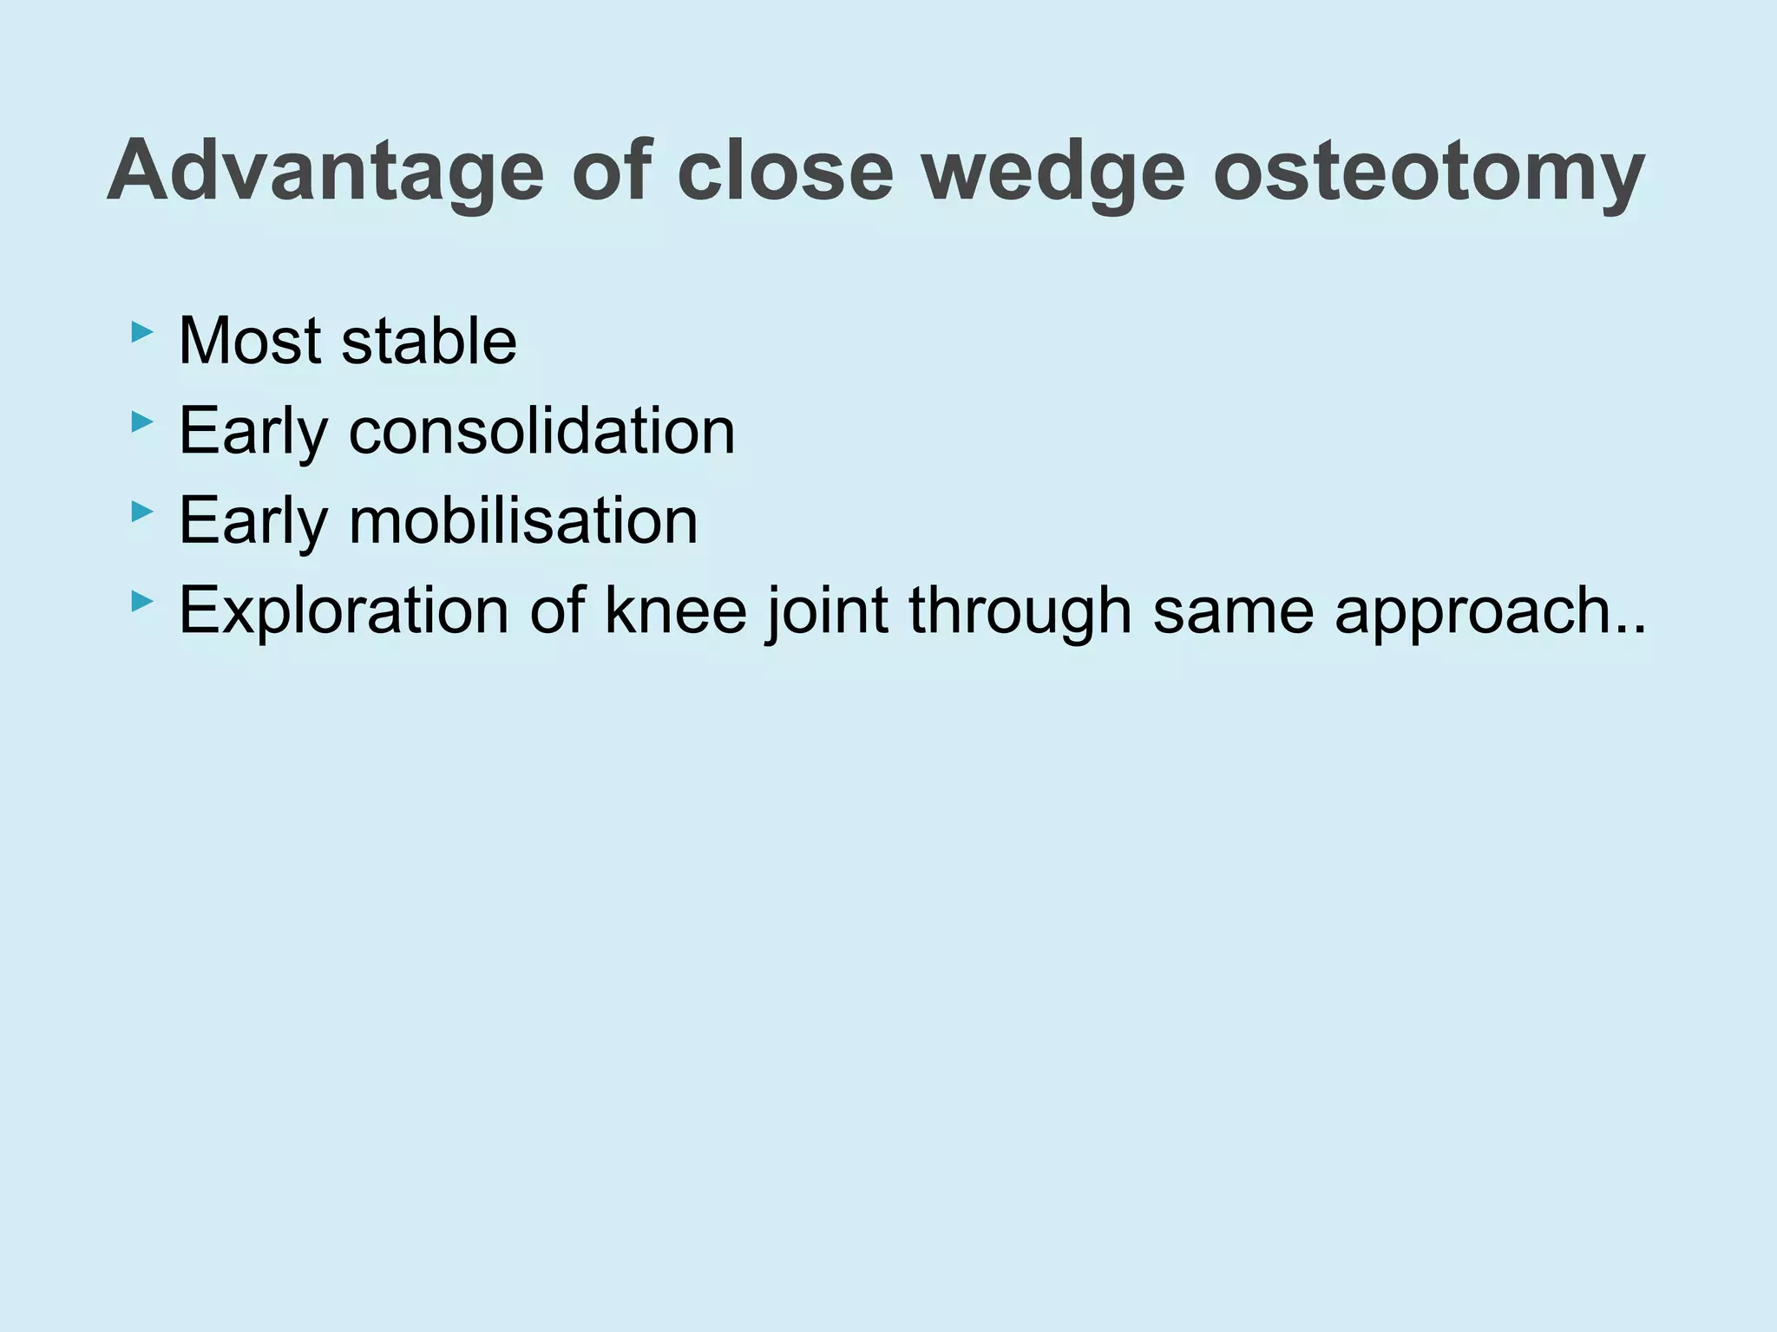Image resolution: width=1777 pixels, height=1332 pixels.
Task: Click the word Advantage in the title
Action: pyautogui.click(x=325, y=172)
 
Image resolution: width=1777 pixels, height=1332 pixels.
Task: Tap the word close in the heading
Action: pyautogui.click(x=784, y=172)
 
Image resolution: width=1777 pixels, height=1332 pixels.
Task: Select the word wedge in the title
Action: pyautogui.click(x=1052, y=172)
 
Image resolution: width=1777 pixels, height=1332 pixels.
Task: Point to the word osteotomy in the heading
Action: pyautogui.click(x=1427, y=172)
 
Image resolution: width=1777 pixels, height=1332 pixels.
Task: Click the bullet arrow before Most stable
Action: pyautogui.click(x=141, y=332)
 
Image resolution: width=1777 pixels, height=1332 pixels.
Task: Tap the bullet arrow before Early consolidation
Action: pyautogui.click(x=141, y=422)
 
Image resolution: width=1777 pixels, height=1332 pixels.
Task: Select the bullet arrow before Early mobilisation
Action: pyautogui.click(x=141, y=512)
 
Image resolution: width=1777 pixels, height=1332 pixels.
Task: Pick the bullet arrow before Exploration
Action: pyautogui.click(x=141, y=601)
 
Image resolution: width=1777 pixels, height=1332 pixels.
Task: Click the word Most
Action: pyautogui.click(x=250, y=341)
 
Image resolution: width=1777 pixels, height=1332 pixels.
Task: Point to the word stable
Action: pyautogui.click(x=429, y=341)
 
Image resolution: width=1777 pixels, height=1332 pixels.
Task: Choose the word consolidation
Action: pyautogui.click(x=541, y=431)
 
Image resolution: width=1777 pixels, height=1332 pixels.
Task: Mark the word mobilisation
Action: pyautogui.click(x=523, y=520)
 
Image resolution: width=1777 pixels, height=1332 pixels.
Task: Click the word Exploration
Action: pyautogui.click(x=343, y=610)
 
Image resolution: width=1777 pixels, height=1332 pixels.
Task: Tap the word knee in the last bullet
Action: pyautogui.click(x=675, y=610)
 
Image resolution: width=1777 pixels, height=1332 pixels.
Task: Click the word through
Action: pyautogui.click(x=1020, y=610)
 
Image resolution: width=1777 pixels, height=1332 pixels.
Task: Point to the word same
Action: pyautogui.click(x=1233, y=610)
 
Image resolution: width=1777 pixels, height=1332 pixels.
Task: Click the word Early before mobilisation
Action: pyautogui.click(x=252, y=520)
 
